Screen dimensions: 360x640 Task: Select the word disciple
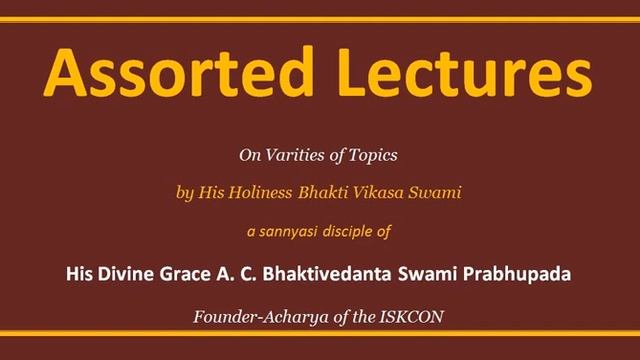(357, 229)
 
